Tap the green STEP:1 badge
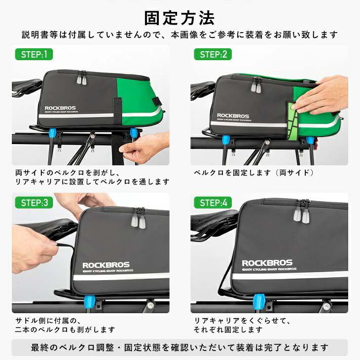pos(34,54)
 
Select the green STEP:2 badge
pos(213,54)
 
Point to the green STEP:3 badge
pos(34,202)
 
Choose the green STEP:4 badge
pos(213,202)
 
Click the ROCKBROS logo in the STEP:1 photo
pos(61,108)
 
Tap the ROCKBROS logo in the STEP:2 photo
pos(233,116)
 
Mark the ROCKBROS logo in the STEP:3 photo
pos(108,264)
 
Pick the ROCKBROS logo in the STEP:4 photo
pos(267,263)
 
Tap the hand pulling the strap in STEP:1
pos(143,146)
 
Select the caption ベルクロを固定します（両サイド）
pos(253,173)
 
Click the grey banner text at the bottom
pos(180,347)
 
